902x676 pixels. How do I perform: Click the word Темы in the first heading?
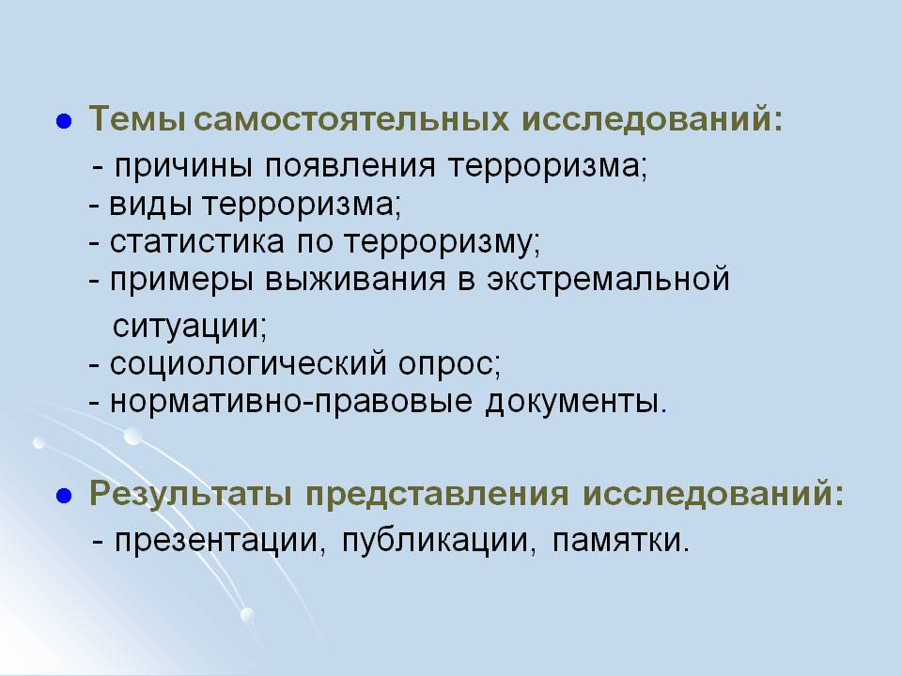coord(137,119)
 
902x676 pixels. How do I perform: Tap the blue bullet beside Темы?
coord(64,122)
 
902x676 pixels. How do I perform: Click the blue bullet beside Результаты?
coord(64,496)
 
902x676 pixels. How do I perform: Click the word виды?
coord(150,204)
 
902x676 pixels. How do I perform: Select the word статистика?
coord(196,241)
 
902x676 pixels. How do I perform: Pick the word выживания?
coord(355,280)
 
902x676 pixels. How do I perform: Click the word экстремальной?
coord(609,280)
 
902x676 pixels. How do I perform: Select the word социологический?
coord(248,364)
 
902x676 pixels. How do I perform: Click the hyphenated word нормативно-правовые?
coord(291,402)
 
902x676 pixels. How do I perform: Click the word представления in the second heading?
coord(437,495)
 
